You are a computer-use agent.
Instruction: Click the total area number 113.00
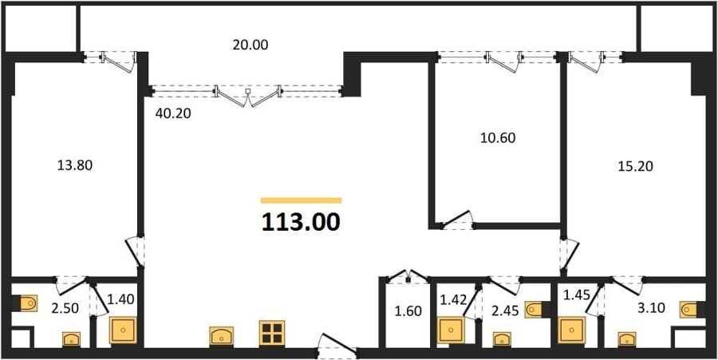click(301, 223)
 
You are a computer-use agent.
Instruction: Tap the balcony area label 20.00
click(250, 45)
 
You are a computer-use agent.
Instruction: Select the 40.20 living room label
click(172, 113)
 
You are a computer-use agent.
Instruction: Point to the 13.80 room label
click(75, 165)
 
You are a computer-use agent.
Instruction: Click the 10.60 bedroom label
click(498, 138)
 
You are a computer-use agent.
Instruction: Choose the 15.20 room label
click(635, 166)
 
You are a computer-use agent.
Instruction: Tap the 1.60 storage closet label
click(408, 312)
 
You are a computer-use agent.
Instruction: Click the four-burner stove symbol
click(272, 333)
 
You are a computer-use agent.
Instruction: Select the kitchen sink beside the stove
click(222, 336)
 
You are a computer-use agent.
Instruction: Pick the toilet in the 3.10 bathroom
click(690, 310)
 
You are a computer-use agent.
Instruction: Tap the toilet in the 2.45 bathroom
click(535, 310)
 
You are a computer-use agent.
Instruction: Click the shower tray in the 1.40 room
click(123, 330)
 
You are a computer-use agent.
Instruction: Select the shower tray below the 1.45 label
click(571, 330)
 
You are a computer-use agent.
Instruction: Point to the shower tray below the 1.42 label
click(451, 330)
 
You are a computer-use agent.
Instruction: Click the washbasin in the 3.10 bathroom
click(626, 339)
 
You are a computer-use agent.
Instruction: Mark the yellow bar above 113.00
click(301, 200)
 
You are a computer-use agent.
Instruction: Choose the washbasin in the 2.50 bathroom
click(72, 339)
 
